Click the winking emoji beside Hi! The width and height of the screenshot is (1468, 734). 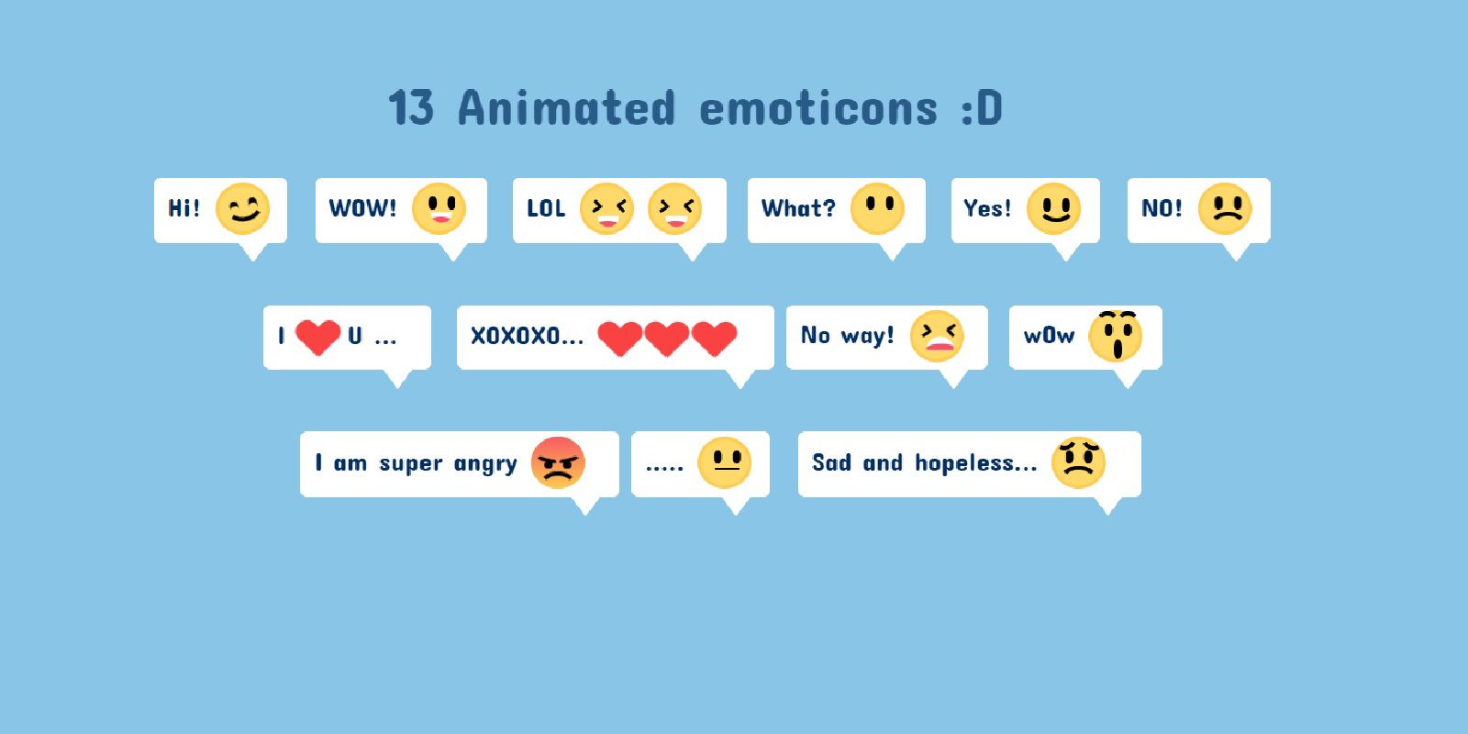[x=242, y=209]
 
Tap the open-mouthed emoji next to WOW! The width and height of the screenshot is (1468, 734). [x=439, y=209]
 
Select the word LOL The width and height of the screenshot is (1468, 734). [x=546, y=208]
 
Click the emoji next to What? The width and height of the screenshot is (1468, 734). [x=877, y=209]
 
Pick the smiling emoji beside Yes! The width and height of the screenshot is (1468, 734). [x=1053, y=209]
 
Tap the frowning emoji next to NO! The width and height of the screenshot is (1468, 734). [x=1225, y=209]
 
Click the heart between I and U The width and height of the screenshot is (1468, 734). [x=317, y=337]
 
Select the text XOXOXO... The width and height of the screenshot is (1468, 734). [x=516, y=336]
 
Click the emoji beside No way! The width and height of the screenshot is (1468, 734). [x=937, y=336]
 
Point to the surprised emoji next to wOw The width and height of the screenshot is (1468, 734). [x=1116, y=336]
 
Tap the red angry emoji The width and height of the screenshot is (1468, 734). [x=558, y=462]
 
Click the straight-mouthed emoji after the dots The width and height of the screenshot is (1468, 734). [x=724, y=462]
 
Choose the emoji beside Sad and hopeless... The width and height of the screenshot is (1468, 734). [x=1078, y=462]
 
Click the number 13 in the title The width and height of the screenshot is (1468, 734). [x=411, y=107]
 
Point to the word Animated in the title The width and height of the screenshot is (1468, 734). [x=566, y=107]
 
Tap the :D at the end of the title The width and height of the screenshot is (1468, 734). [x=982, y=108]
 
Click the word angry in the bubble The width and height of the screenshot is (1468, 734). [x=485, y=464]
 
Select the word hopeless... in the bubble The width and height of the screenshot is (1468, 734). [x=976, y=462]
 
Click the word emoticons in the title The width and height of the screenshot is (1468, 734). [x=818, y=108]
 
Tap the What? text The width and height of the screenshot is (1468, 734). [x=799, y=208]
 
